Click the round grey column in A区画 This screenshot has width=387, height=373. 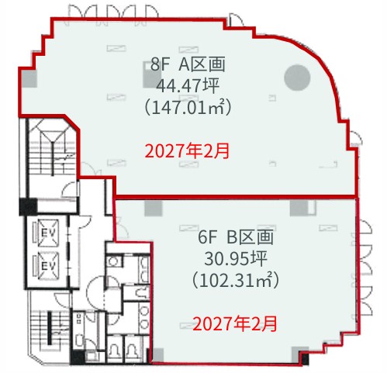pos(297,78)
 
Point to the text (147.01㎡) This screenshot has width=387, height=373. pos(188,108)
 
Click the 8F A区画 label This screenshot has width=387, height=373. pos(188,64)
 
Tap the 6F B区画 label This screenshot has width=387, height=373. pos(236,237)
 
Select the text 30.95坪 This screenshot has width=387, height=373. pos(236,259)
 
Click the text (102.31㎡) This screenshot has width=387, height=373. pos(236,281)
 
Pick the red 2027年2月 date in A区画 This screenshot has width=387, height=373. pos(187,151)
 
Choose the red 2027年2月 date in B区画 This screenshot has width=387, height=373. pos(235,324)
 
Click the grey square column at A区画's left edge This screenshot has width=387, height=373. pos(29,79)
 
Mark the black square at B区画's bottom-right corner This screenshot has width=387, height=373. pos(305,358)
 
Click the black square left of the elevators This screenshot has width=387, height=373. pos(28,206)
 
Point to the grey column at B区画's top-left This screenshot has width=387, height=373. pos(154,208)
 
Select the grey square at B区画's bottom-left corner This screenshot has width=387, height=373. pos(158,355)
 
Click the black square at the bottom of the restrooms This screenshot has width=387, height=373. pos(78,357)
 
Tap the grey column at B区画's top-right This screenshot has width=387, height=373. pos(299,208)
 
